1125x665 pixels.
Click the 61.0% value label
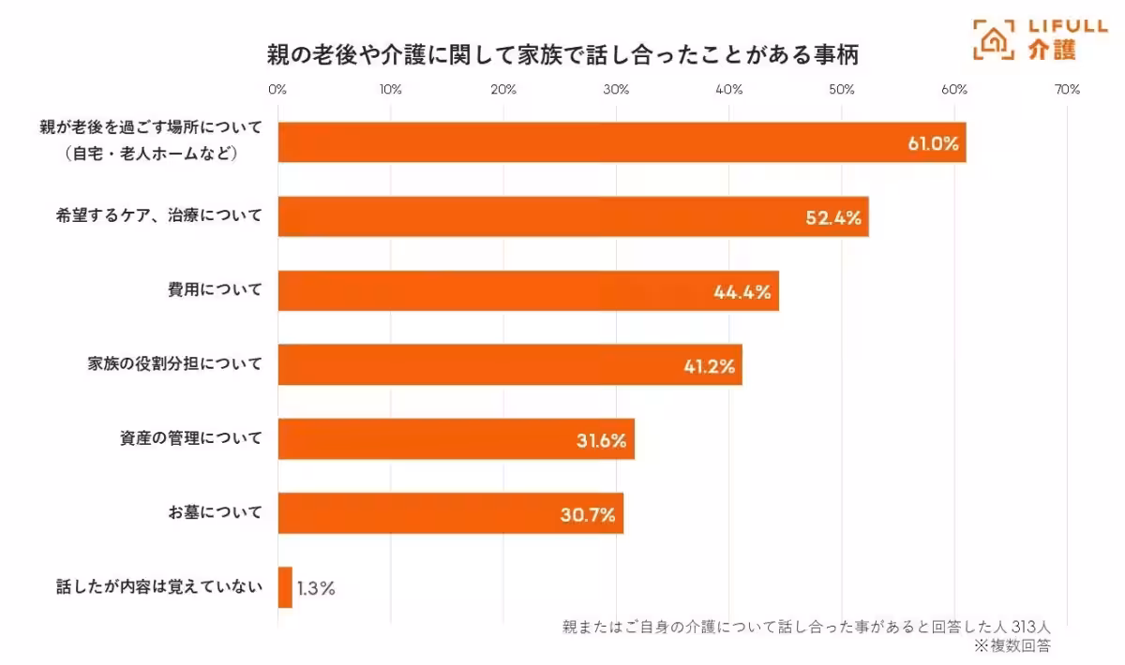point(932,143)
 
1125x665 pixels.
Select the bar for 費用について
point(528,291)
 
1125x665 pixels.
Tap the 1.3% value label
point(316,589)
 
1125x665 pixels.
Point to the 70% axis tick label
point(1067,90)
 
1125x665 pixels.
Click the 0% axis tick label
point(277,90)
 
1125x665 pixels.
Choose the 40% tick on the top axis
point(728,90)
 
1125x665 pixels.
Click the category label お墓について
point(215,513)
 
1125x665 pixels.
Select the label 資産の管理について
point(191,437)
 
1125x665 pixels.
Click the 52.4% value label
point(833,217)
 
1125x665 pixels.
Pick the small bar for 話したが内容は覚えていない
point(285,587)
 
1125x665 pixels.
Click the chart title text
point(562,55)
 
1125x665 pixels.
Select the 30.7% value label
point(589,514)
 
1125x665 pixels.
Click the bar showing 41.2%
point(509,365)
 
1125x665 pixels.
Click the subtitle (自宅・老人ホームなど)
point(150,153)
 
